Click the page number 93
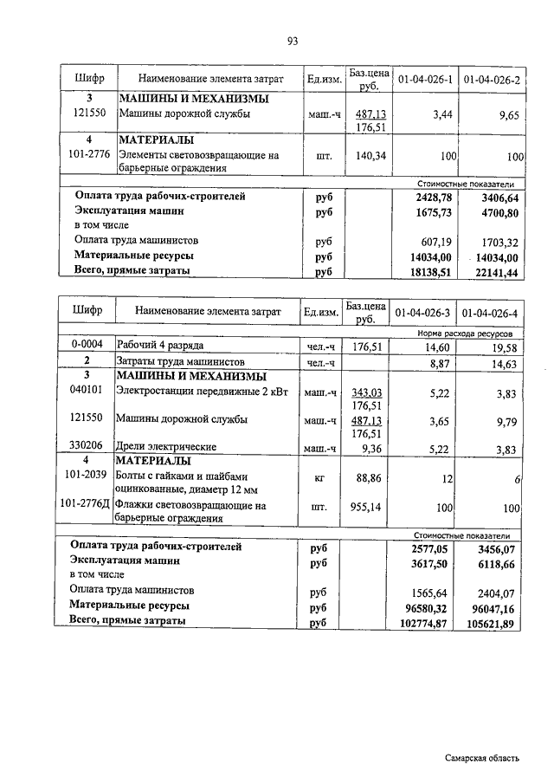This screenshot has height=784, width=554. coord(293,42)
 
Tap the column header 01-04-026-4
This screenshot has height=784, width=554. coord(490,313)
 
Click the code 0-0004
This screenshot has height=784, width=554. coord(88,345)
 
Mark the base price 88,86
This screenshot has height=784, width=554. coord(370,476)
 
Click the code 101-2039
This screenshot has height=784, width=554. coord(88,476)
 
